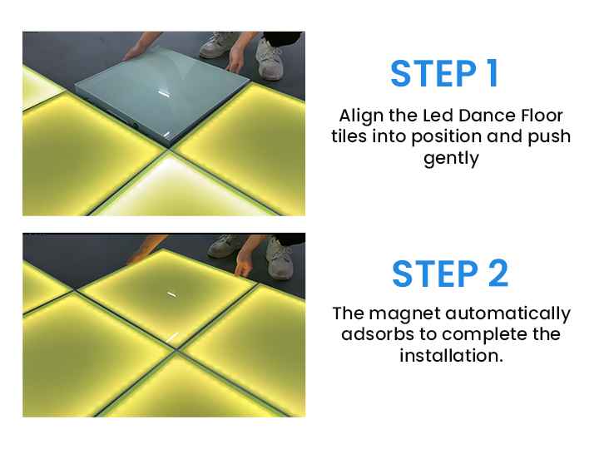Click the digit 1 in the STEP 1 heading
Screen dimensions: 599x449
[493, 73]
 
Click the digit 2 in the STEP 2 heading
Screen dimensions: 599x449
[498, 274]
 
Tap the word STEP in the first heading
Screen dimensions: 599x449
[433, 73]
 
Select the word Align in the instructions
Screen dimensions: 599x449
[362, 116]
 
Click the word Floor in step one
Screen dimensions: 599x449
[542, 116]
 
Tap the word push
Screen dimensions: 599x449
[549, 136]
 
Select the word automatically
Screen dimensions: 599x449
[508, 314]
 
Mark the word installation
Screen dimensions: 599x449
[451, 356]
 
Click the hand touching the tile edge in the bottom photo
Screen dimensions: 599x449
[243, 264]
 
